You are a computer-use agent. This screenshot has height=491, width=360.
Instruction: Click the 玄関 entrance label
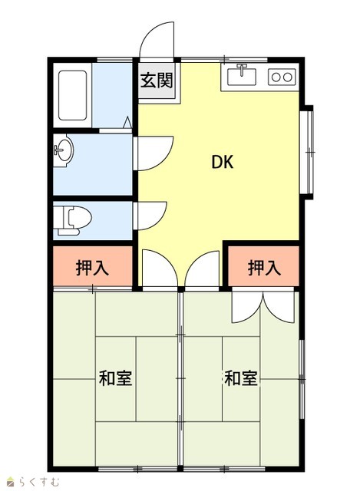[157, 81]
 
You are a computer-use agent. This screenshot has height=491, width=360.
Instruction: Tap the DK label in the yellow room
[223, 162]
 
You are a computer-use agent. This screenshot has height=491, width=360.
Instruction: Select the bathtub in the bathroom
[72, 95]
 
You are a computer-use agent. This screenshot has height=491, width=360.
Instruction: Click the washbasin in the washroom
[64, 150]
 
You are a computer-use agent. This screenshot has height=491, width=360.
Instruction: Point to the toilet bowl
[78, 218]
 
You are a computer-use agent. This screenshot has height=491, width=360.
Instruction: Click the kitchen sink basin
[242, 77]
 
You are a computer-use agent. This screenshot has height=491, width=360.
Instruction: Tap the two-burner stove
[282, 77]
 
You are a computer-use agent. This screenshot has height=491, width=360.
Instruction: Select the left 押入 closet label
[92, 268]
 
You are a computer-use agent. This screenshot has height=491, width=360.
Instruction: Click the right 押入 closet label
[264, 268]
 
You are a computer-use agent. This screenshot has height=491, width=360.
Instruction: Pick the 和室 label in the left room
[115, 378]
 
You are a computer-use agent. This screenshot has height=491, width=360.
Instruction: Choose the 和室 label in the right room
[241, 378]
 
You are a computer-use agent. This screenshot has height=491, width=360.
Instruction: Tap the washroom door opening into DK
[154, 153]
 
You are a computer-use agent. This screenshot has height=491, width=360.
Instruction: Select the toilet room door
[150, 216]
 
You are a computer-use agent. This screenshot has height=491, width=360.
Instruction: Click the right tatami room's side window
[302, 379]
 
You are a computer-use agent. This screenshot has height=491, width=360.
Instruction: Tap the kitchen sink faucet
[242, 70]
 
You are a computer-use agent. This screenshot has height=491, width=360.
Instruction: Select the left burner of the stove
[276, 77]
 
